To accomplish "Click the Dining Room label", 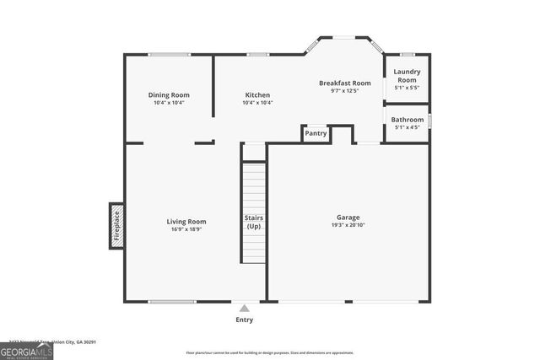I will click(168, 94).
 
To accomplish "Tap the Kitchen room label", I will click(257, 94).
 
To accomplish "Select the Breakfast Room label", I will click(344, 83).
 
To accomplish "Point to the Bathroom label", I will click(407, 120).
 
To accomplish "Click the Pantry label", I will click(316, 133).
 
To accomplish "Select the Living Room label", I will click(186, 222).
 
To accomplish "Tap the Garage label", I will click(348, 218).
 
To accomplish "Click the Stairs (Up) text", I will click(254, 222).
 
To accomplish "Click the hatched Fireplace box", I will click(117, 226).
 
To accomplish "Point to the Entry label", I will click(244, 320).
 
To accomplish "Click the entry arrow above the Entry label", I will click(244, 309).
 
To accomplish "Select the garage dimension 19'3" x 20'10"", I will click(348, 225).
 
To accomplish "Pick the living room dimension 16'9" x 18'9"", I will click(186, 229).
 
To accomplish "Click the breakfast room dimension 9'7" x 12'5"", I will click(344, 91).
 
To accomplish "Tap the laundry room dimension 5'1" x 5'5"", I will click(407, 88).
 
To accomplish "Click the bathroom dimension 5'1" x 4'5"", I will click(407, 128).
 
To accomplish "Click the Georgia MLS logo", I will click(26, 351).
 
